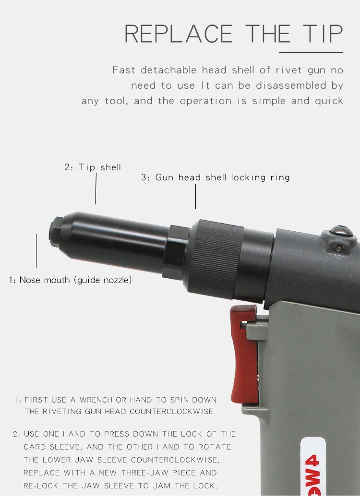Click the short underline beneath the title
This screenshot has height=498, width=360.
(x=311, y=52)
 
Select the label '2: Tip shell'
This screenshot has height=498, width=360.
(x=93, y=167)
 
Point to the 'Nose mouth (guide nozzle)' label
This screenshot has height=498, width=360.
(x=70, y=280)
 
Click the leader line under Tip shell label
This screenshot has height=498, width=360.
(x=96, y=189)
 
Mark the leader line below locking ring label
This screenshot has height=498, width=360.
(x=195, y=196)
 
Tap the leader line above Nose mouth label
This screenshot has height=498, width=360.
(x=36, y=250)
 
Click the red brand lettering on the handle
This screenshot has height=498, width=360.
(x=309, y=468)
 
